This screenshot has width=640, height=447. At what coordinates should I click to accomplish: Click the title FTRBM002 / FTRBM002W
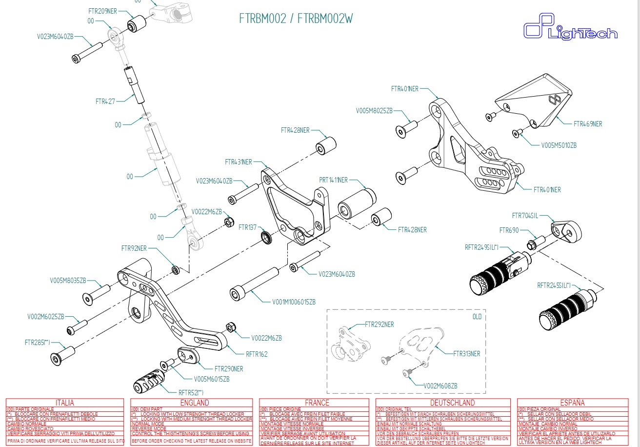[x=296, y=19]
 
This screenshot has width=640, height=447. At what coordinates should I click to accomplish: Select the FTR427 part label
[x=105, y=102]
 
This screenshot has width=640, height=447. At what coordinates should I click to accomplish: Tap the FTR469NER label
[x=588, y=124]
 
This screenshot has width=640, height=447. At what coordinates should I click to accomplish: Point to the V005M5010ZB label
[x=559, y=145]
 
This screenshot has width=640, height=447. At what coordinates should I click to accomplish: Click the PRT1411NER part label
[x=334, y=180]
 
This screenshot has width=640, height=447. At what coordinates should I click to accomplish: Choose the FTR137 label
[x=248, y=227]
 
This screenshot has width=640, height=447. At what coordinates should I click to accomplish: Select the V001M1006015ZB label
[x=294, y=302]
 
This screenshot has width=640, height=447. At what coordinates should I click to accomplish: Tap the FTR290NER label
[x=229, y=368]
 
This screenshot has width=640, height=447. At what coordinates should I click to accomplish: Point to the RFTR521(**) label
[x=191, y=392]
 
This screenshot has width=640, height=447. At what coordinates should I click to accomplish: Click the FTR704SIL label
[x=525, y=216]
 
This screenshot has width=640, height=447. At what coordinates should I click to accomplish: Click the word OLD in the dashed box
[x=477, y=317]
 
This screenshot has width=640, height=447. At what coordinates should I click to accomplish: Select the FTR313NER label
[x=466, y=354]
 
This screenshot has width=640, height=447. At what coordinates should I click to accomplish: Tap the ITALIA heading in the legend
[x=65, y=403]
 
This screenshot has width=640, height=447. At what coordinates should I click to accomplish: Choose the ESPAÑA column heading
[x=572, y=403]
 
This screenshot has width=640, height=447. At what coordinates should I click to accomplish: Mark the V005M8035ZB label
[x=68, y=281]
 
